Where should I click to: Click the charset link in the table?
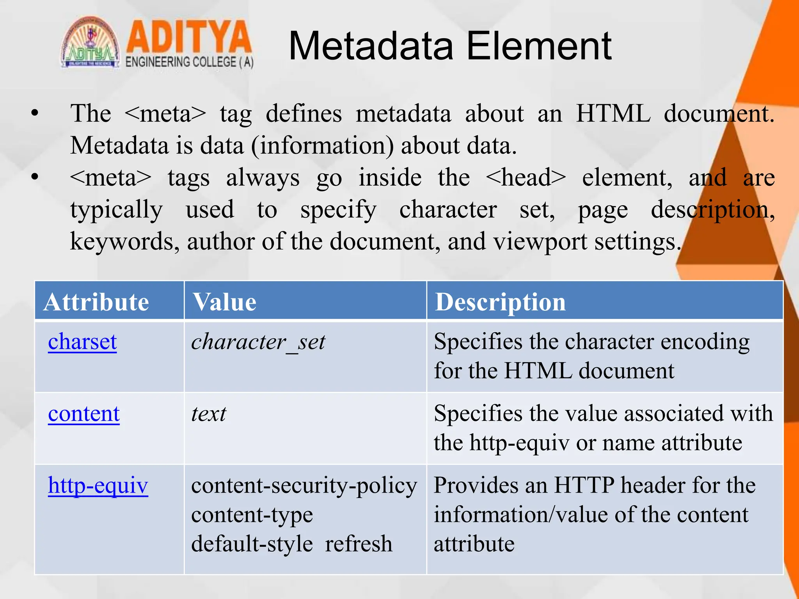82,342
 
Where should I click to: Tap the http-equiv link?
98,486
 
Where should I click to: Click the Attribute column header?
96,302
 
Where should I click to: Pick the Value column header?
225,302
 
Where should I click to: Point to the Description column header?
500,302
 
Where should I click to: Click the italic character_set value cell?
258,342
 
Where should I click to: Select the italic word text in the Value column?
208,414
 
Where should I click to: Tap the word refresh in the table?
359,544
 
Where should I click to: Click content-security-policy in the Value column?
304,486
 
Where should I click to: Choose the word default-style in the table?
252,544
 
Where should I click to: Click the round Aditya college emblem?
91,43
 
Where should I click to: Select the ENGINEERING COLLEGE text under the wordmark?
189,62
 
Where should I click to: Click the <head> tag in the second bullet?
526,177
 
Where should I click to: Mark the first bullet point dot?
35,113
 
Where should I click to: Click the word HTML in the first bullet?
613,113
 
